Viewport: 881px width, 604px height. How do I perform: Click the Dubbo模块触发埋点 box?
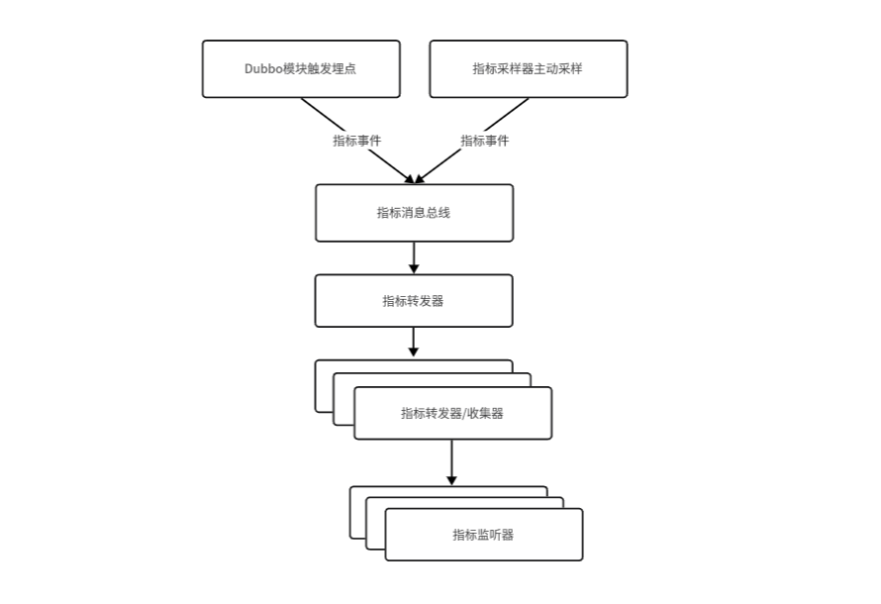301,69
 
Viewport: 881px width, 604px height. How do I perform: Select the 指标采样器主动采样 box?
528,69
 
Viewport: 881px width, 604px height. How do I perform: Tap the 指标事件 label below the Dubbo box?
356,141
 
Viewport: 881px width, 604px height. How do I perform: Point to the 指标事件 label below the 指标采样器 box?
485,141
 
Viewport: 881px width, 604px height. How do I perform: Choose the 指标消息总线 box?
414,213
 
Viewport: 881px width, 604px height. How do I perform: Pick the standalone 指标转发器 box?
414,301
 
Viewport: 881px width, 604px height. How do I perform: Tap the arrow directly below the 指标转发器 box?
414,342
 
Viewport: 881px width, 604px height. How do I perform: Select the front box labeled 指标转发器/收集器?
452,413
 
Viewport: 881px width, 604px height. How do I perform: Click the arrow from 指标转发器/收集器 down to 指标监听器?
451,461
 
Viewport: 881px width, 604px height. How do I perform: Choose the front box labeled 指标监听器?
483,535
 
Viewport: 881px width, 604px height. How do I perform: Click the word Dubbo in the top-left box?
262,69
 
